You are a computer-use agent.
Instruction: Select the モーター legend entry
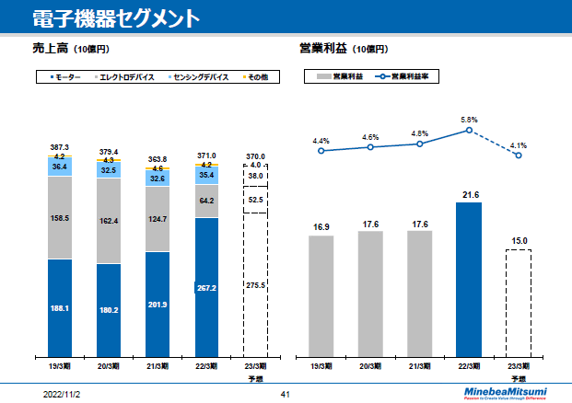click(x=66, y=77)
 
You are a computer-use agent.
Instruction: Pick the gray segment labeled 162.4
click(x=109, y=221)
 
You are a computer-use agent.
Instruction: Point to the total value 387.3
click(x=60, y=147)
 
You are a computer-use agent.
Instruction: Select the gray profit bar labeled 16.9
click(x=321, y=294)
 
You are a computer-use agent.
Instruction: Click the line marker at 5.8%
click(x=469, y=131)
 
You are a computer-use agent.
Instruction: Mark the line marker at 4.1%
click(x=519, y=155)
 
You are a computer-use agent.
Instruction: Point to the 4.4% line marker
click(x=321, y=150)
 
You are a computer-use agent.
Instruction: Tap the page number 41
click(x=286, y=394)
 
